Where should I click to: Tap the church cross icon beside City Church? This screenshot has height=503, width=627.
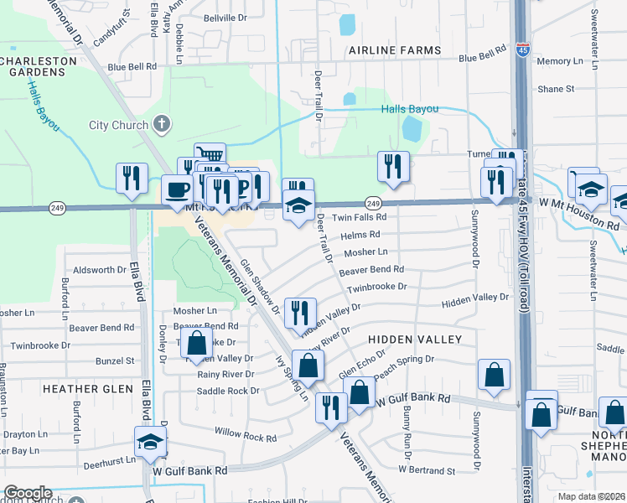[x=163, y=126]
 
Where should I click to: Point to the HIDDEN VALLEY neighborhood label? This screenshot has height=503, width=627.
[x=415, y=339]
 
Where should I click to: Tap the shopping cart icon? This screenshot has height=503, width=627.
[x=210, y=155]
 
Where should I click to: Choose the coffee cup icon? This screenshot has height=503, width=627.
[x=176, y=189]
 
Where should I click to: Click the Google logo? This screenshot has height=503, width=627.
[x=28, y=492]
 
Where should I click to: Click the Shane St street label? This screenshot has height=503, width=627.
[x=556, y=88]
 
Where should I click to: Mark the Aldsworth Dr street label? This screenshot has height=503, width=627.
[x=99, y=270]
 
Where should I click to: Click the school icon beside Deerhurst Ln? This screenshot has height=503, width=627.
[x=151, y=441]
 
